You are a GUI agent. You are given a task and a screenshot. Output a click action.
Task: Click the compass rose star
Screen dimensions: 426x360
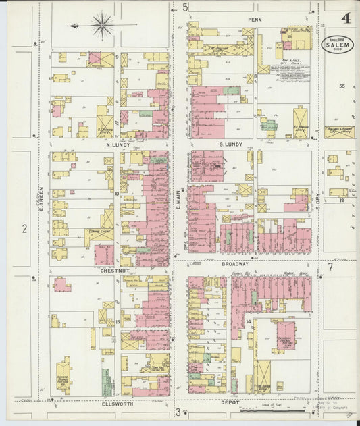(103, 26)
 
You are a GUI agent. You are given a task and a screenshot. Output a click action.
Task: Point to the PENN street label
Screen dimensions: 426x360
(254, 20)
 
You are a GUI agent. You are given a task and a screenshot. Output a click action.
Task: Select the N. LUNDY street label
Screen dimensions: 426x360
(117, 144)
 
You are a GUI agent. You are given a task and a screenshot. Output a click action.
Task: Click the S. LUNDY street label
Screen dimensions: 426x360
(230, 144)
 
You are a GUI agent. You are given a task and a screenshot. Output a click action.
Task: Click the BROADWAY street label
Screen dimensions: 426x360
(235, 265)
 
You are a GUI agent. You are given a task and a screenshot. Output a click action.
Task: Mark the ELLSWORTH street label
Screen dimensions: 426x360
(118, 404)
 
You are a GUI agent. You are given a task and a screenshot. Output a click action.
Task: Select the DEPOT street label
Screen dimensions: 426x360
(229, 402)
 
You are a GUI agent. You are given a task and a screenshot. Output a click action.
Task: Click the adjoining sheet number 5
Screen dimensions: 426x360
(185, 7)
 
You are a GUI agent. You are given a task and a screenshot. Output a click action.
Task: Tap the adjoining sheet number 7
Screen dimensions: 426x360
(330, 266)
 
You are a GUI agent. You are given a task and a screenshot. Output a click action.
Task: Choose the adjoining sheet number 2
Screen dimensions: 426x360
(24, 229)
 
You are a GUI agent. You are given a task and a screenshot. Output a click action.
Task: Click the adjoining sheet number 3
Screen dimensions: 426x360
(178, 412)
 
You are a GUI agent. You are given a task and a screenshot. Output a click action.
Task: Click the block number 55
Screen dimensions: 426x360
(342, 86)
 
